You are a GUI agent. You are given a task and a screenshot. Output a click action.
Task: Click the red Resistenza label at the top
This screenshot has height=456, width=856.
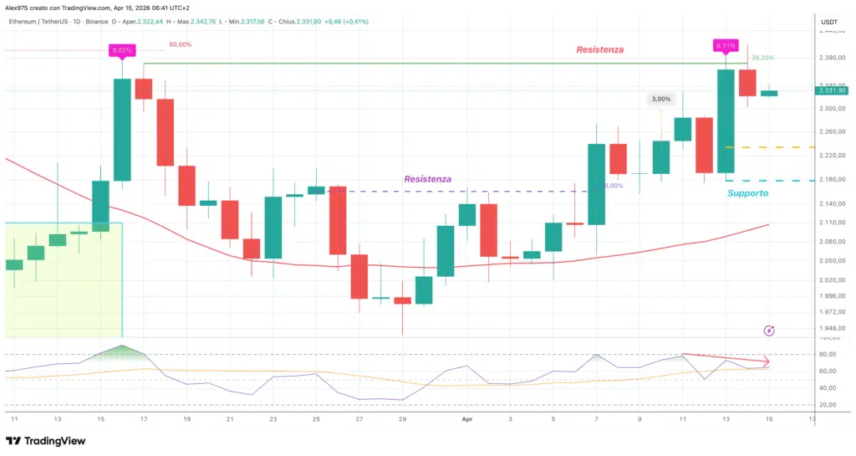[599, 50]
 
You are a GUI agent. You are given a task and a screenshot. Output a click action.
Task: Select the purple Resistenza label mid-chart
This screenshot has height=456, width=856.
[427, 179]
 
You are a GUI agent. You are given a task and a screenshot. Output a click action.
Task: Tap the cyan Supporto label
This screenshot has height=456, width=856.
[747, 193]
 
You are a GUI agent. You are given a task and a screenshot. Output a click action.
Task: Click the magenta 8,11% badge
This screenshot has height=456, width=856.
[724, 44]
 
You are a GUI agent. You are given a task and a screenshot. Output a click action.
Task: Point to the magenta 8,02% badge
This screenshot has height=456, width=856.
[121, 51]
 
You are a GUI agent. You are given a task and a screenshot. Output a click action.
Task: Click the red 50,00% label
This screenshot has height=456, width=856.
[180, 44]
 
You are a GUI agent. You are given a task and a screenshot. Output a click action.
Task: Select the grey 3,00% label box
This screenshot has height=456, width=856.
[660, 100]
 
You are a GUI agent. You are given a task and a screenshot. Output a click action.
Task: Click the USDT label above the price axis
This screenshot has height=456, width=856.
[828, 22]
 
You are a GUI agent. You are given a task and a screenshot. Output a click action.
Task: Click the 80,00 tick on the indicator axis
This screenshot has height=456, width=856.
[827, 355]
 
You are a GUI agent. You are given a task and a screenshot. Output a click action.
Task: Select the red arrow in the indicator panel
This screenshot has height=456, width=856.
[726, 359]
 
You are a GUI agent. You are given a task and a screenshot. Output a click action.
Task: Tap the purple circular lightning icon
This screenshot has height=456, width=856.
[769, 331]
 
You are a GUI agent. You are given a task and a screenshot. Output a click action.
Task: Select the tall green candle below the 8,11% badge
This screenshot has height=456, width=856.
[726, 121]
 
